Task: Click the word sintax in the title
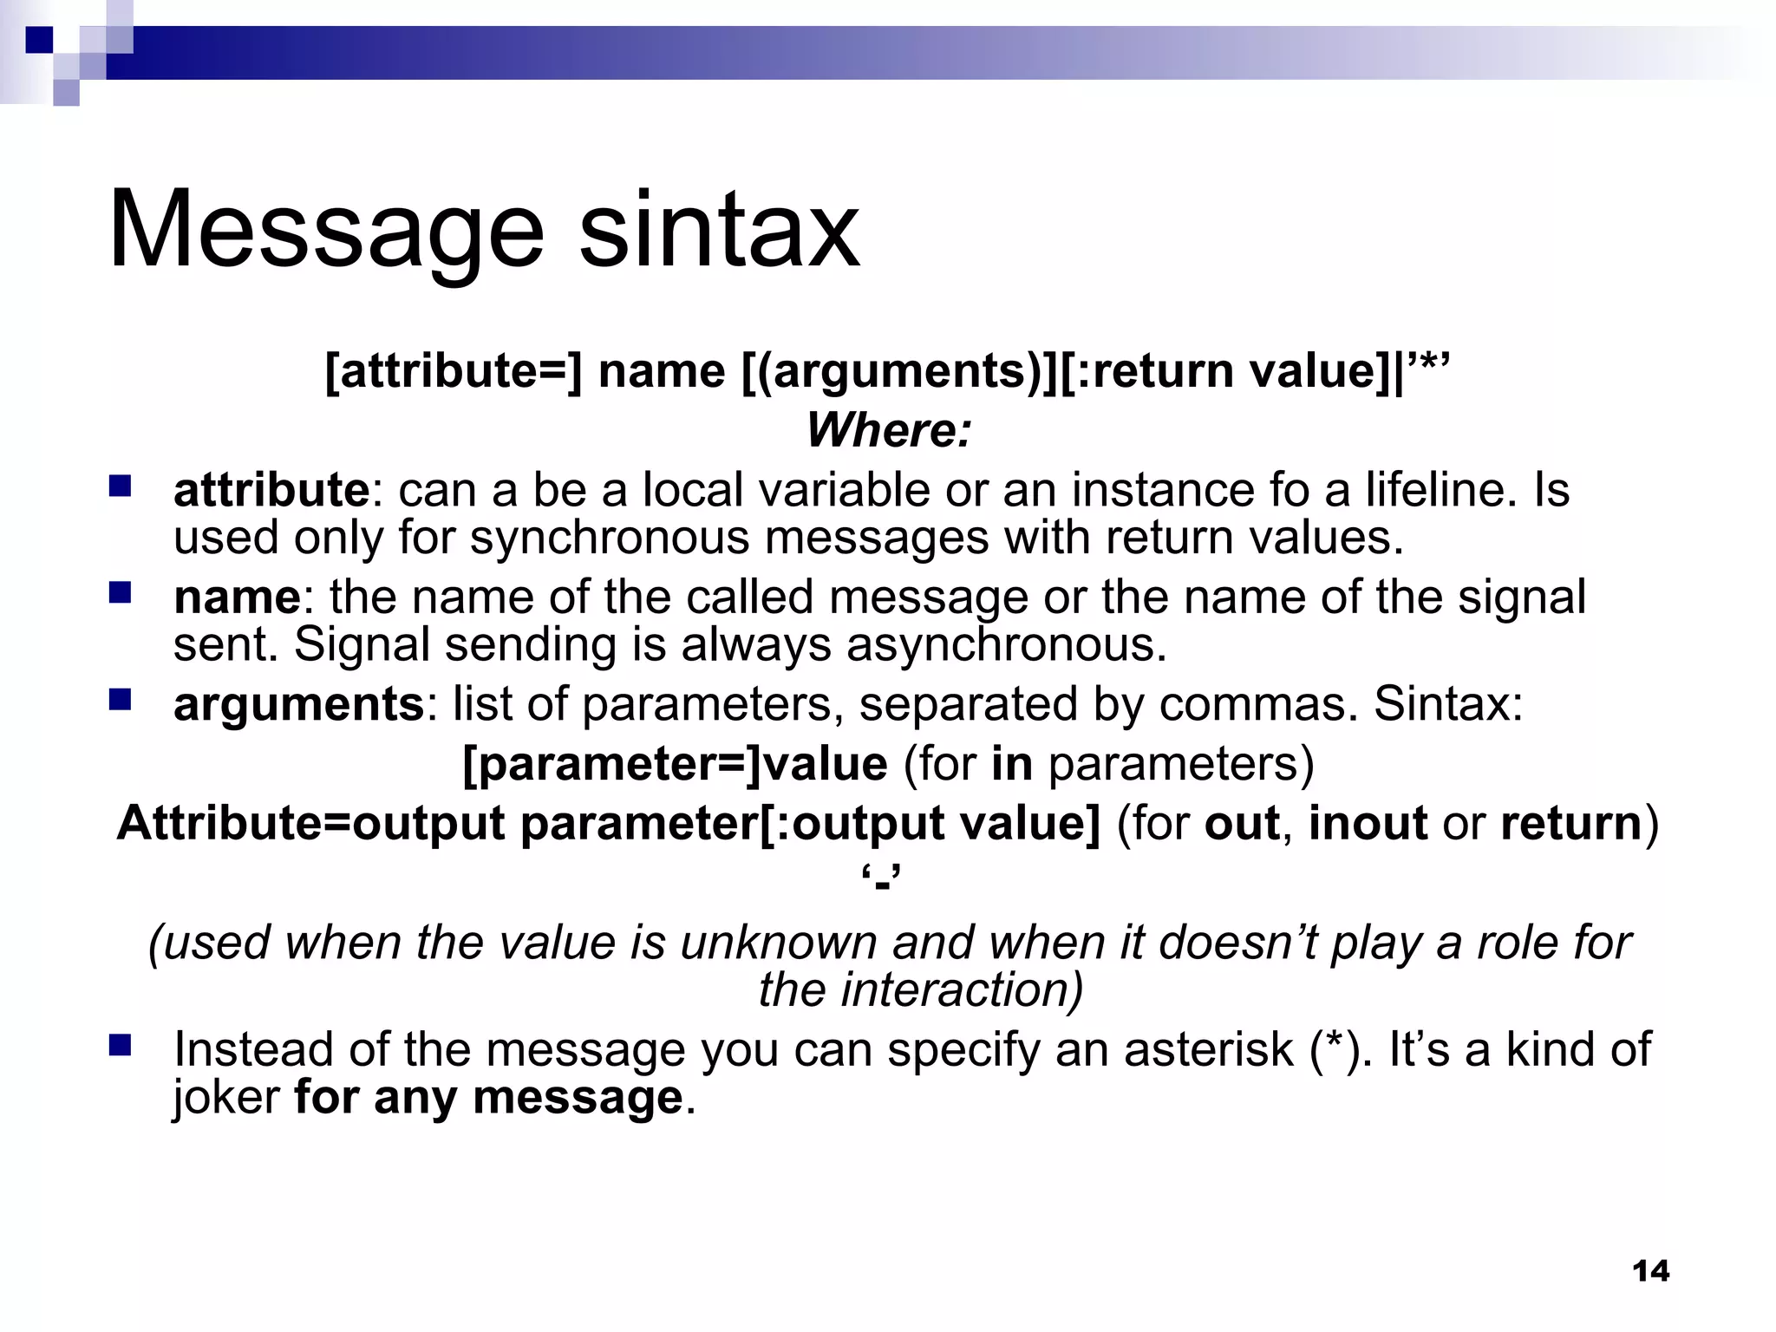pyautogui.click(x=719, y=230)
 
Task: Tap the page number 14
pyautogui.click(x=1650, y=1271)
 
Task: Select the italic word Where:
pyautogui.click(x=889, y=430)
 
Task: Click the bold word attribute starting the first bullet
pyautogui.click(x=271, y=490)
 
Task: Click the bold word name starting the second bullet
pyautogui.click(x=237, y=597)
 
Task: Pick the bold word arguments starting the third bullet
pyautogui.click(x=298, y=705)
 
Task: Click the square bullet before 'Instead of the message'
pyautogui.click(x=120, y=1045)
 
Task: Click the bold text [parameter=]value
pyautogui.click(x=676, y=764)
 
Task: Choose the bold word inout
pyautogui.click(x=1368, y=823)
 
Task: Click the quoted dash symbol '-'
pyautogui.click(x=882, y=881)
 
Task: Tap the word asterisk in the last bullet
pyautogui.click(x=1208, y=1050)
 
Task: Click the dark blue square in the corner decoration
pyautogui.click(x=39, y=40)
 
